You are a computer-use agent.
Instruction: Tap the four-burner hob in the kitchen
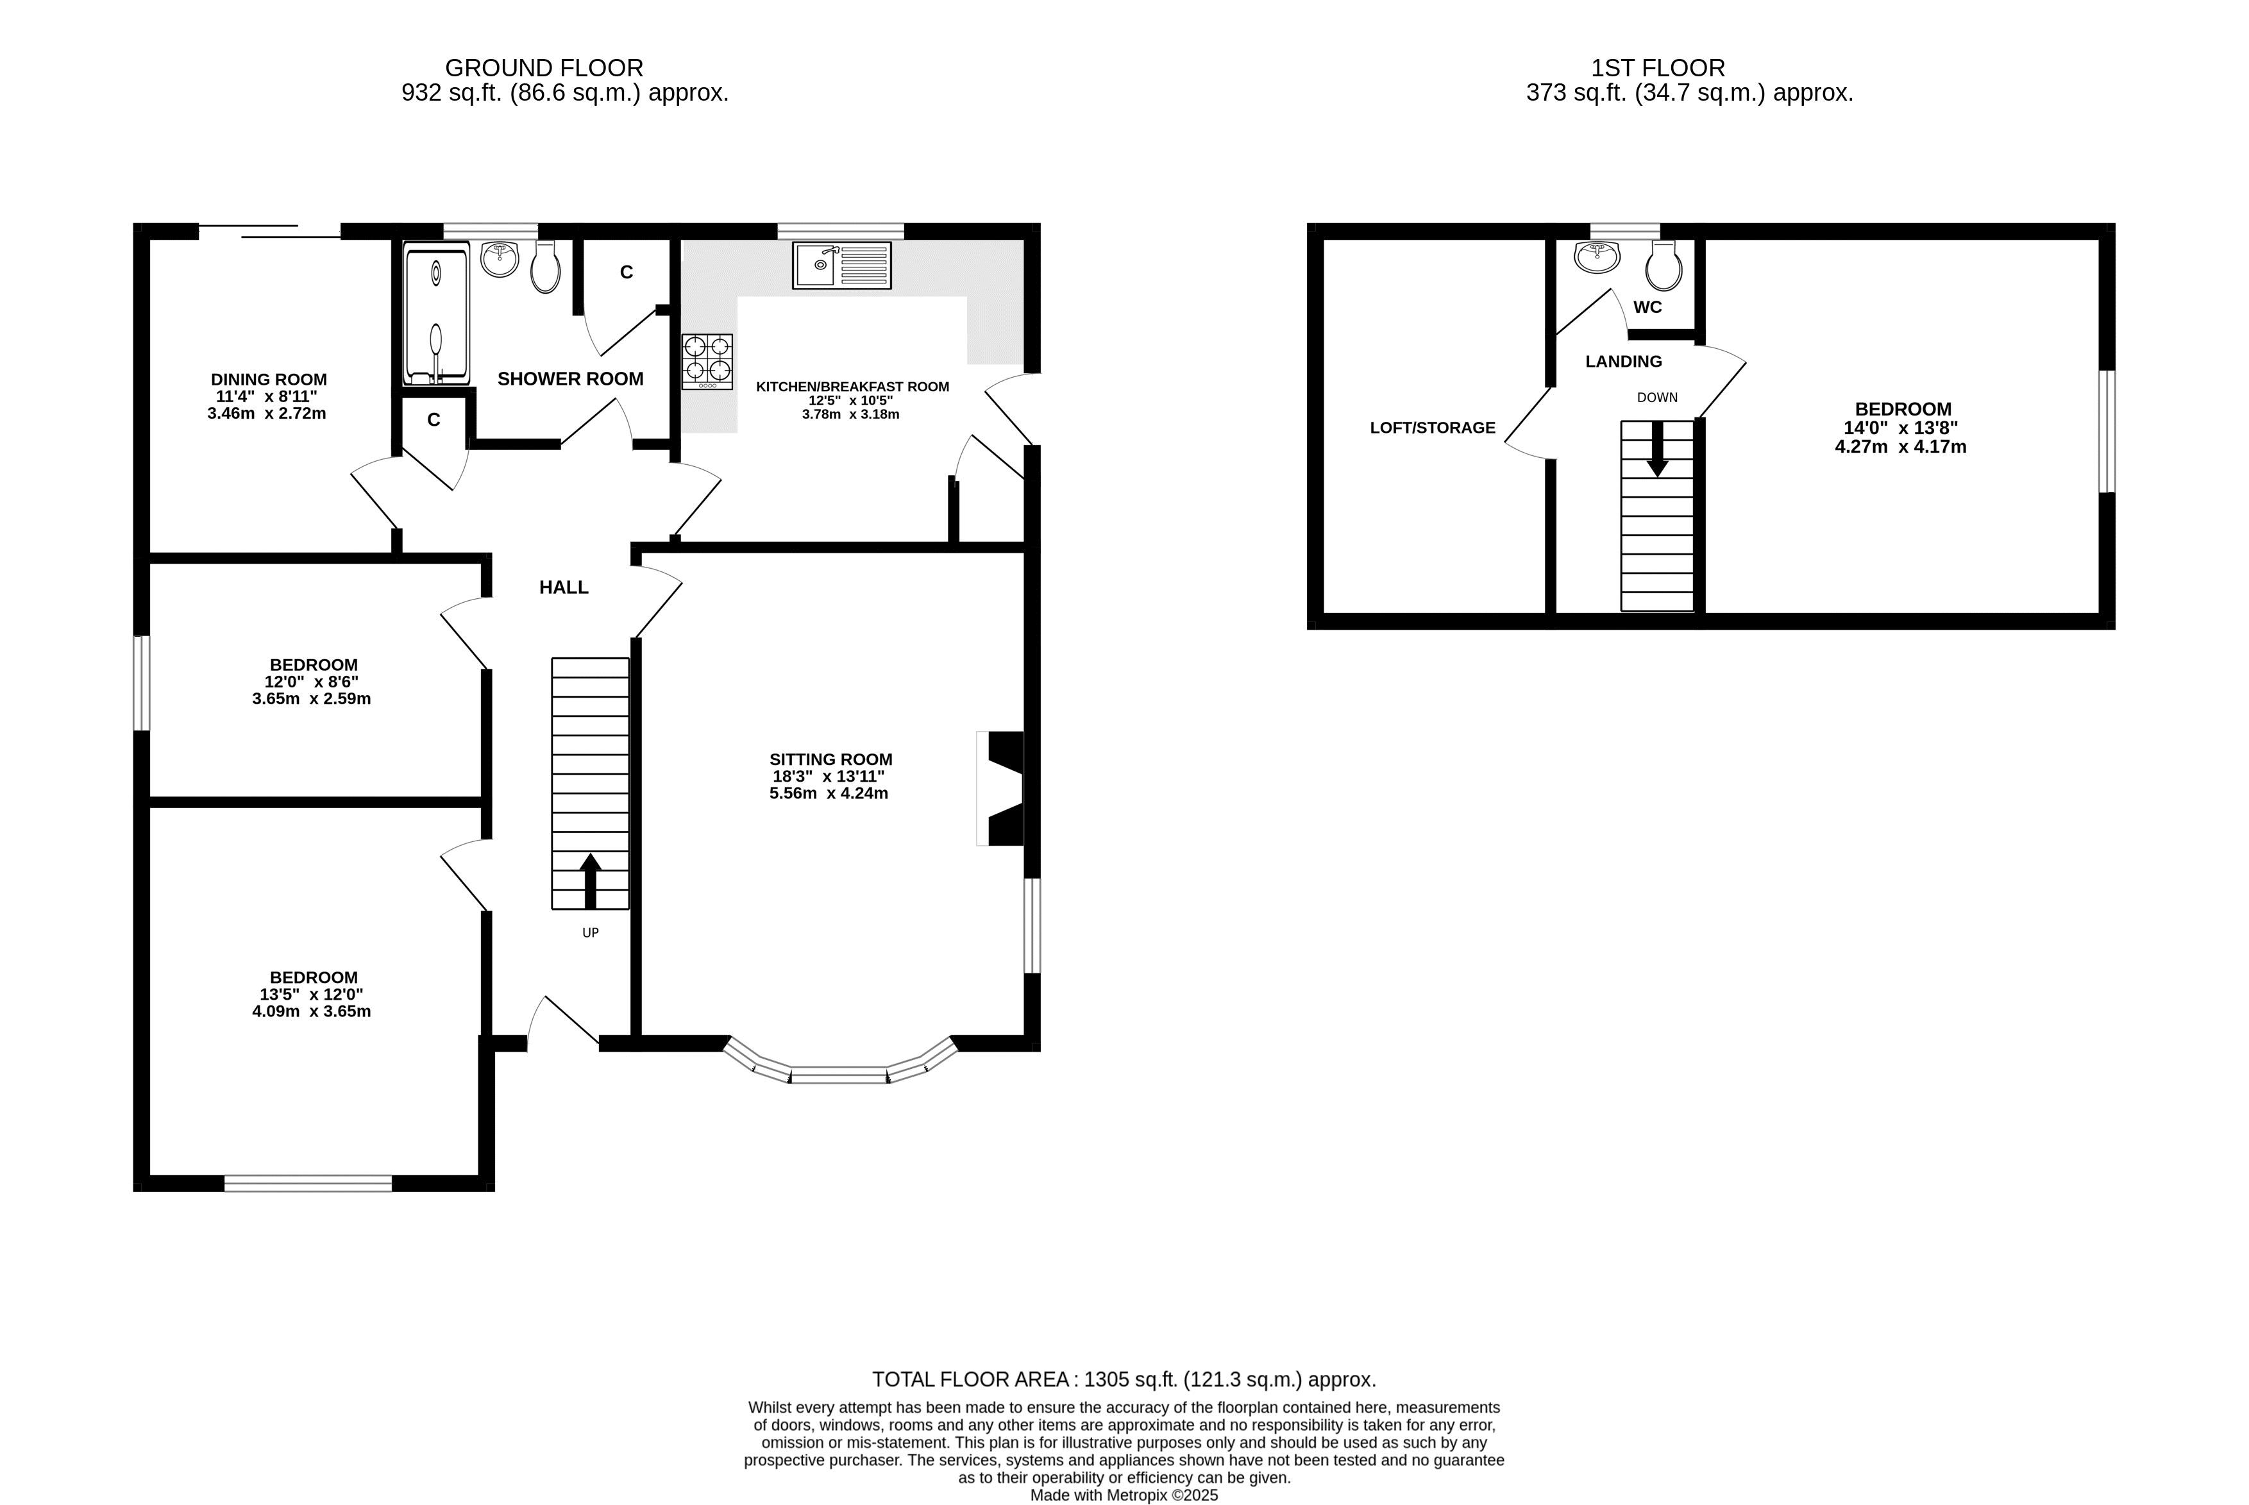tap(707, 362)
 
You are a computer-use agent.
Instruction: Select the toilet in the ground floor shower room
tap(545, 266)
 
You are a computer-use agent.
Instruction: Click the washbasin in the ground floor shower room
tap(499, 259)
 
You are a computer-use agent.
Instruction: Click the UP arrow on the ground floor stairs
tap(591, 881)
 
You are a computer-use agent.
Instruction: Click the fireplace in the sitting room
tap(1001, 788)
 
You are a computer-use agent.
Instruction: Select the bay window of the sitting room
tap(841, 1065)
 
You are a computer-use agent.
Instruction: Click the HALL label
tap(564, 587)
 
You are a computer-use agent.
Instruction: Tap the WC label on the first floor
tap(1647, 307)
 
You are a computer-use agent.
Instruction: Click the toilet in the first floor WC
tap(1664, 265)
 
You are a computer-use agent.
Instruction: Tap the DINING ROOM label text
tap(269, 379)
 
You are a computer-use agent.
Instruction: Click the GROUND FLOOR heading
tap(544, 68)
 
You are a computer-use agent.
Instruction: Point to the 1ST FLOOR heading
tap(1658, 68)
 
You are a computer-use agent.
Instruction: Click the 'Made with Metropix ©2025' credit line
tap(1124, 1495)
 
